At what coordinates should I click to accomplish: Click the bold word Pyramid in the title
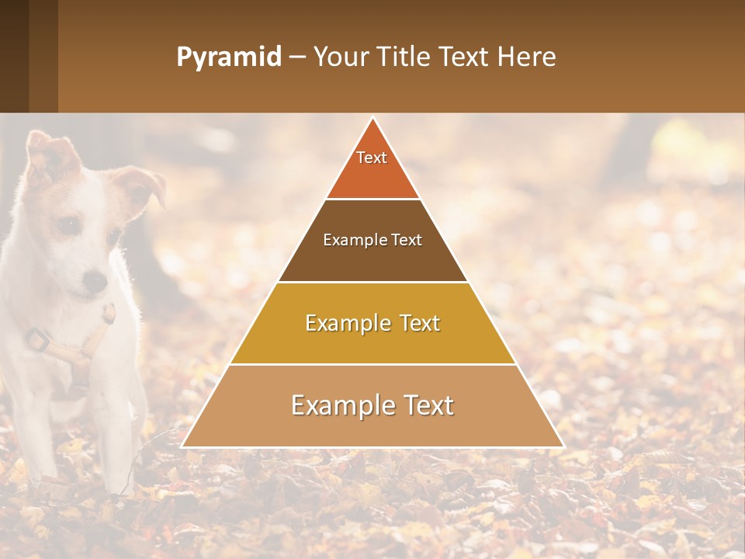pyautogui.click(x=229, y=57)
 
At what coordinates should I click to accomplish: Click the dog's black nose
pyautogui.click(x=95, y=281)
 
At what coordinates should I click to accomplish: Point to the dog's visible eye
pyautogui.click(x=68, y=225)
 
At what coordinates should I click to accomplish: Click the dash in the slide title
pyautogui.click(x=297, y=57)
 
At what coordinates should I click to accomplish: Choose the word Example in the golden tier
pyautogui.click(x=346, y=323)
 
